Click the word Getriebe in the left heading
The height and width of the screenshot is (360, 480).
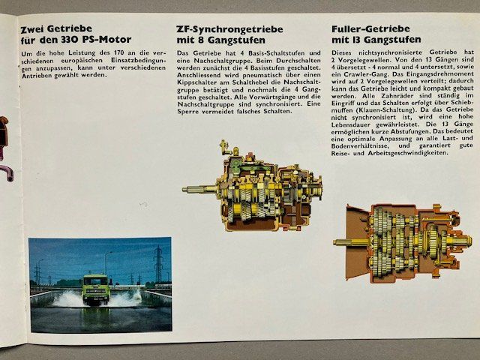(x=69, y=29)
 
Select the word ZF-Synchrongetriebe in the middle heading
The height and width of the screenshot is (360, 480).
(x=229, y=29)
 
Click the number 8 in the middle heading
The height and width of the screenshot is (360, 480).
(x=200, y=40)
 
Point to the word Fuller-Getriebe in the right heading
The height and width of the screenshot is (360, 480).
(x=370, y=28)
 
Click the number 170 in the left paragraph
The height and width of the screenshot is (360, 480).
(x=120, y=52)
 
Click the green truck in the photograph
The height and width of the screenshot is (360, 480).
(x=95, y=289)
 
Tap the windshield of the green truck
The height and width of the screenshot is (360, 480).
(x=95, y=281)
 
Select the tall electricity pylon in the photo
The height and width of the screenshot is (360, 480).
(x=158, y=263)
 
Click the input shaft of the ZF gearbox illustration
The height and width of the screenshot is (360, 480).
(x=199, y=190)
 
